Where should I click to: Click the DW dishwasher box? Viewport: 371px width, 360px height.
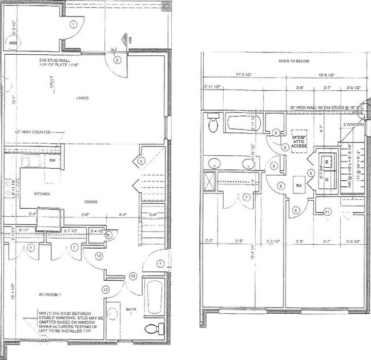(x=52, y=161)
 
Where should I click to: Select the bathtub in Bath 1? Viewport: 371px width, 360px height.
(x=152, y=297)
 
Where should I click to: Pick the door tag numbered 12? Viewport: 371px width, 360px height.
(x=99, y=256)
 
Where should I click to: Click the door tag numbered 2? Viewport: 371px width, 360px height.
(x=118, y=60)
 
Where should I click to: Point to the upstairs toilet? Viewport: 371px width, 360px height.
(x=213, y=123)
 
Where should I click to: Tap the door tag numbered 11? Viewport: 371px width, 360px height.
(x=327, y=212)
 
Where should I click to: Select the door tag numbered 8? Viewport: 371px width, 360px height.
(x=274, y=167)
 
